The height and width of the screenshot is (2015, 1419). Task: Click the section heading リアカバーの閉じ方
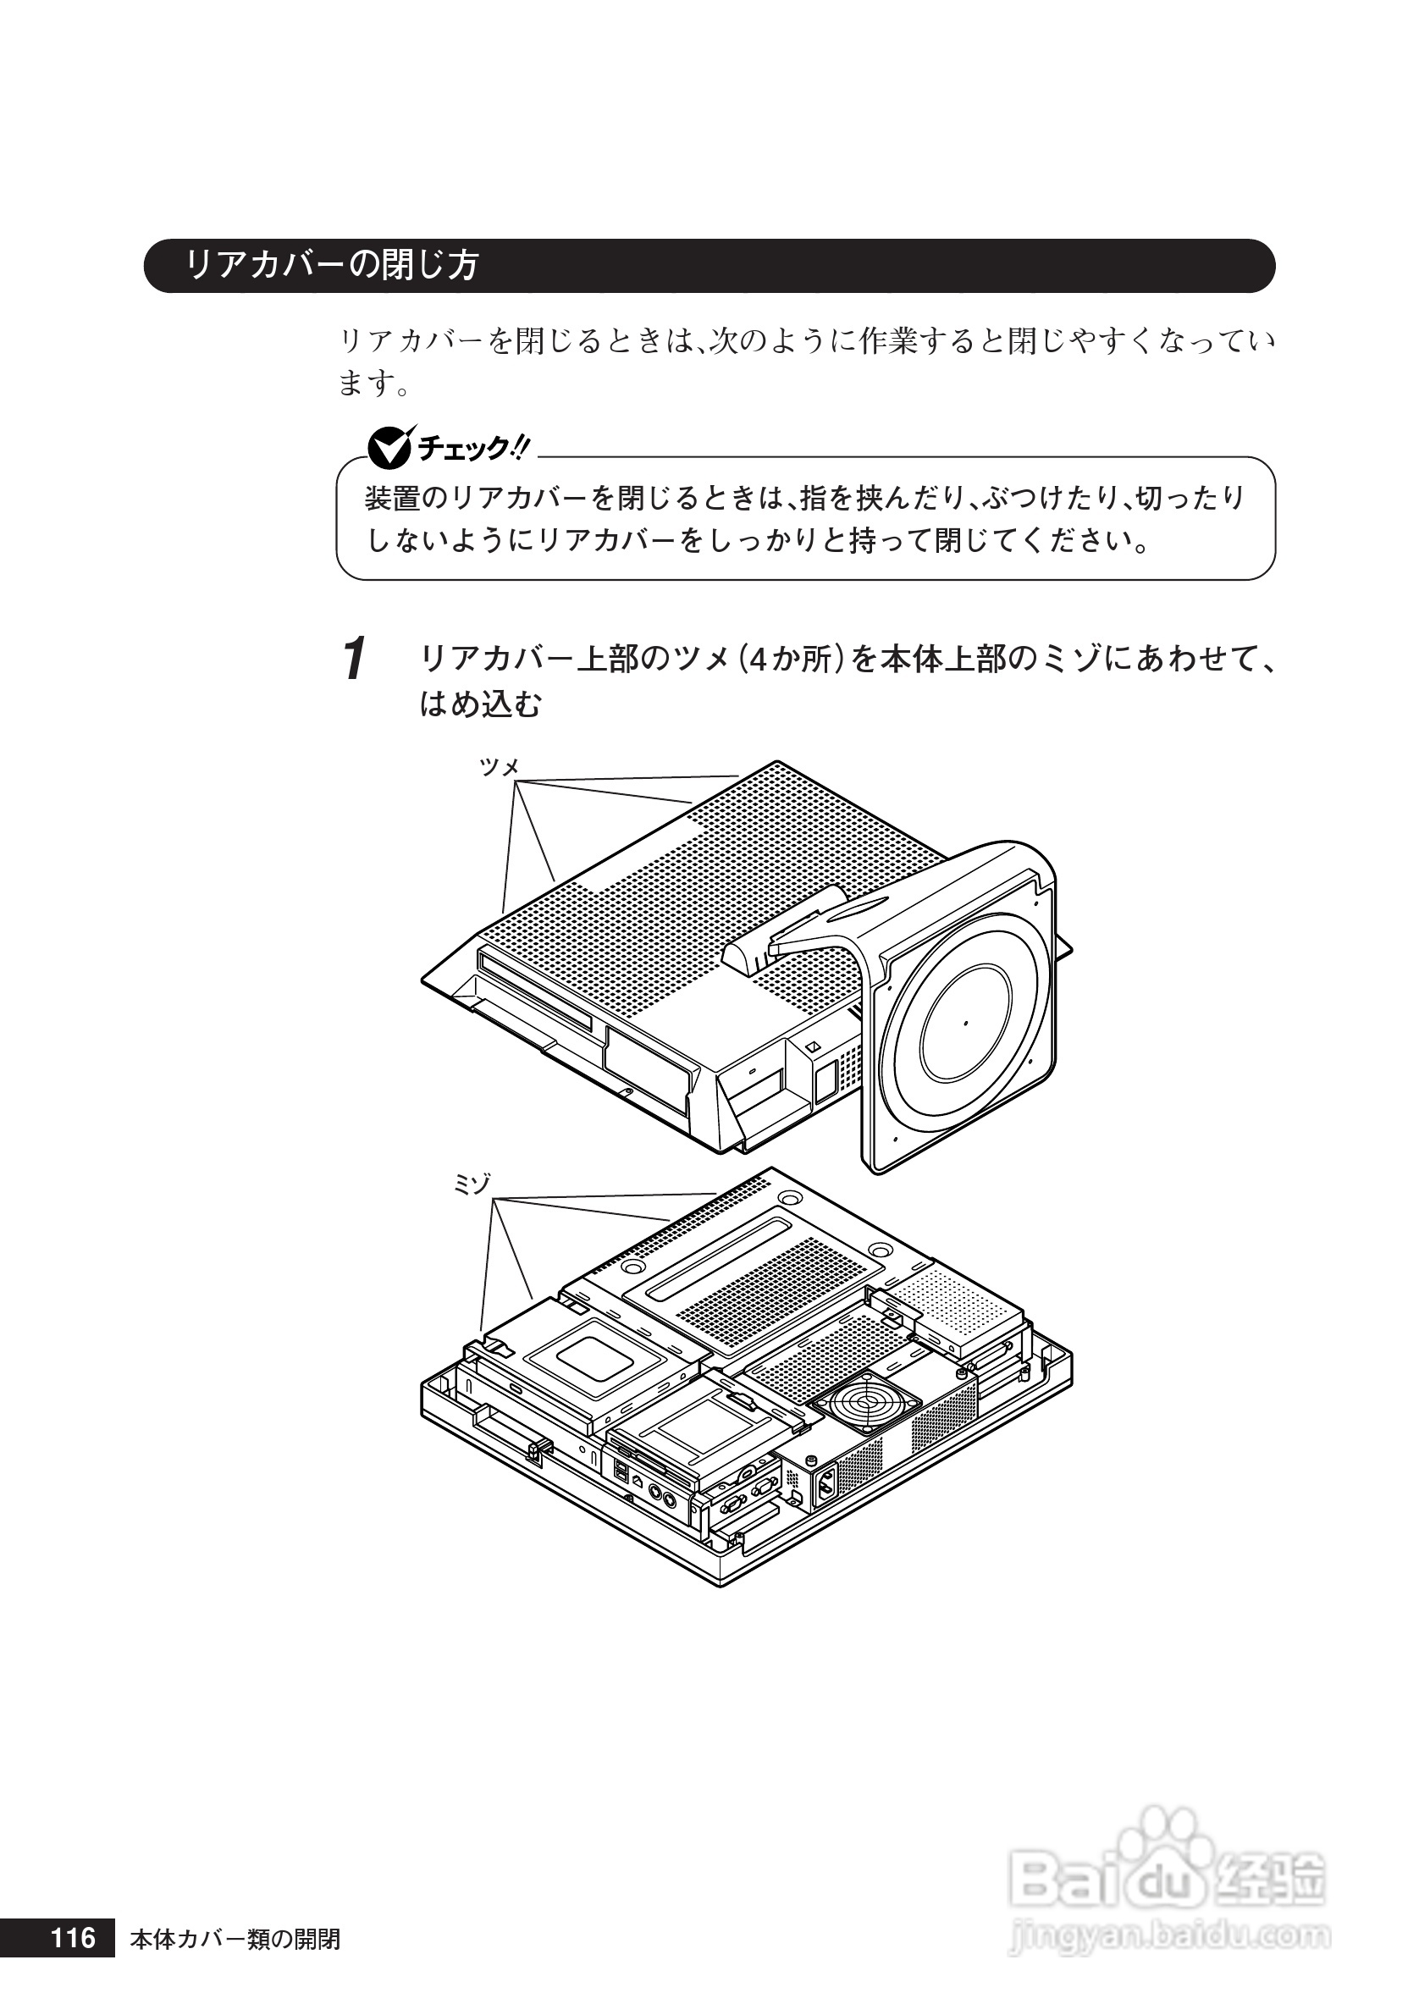tap(332, 265)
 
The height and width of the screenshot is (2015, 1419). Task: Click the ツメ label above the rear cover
tap(500, 767)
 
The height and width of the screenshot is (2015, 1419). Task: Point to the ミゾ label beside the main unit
tap(472, 1184)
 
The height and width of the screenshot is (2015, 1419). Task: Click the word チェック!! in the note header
tap(474, 449)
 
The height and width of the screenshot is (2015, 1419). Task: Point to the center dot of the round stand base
tap(965, 1024)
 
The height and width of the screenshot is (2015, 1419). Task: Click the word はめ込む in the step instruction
tap(480, 704)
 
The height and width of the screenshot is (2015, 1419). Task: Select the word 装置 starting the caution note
tap(391, 499)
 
